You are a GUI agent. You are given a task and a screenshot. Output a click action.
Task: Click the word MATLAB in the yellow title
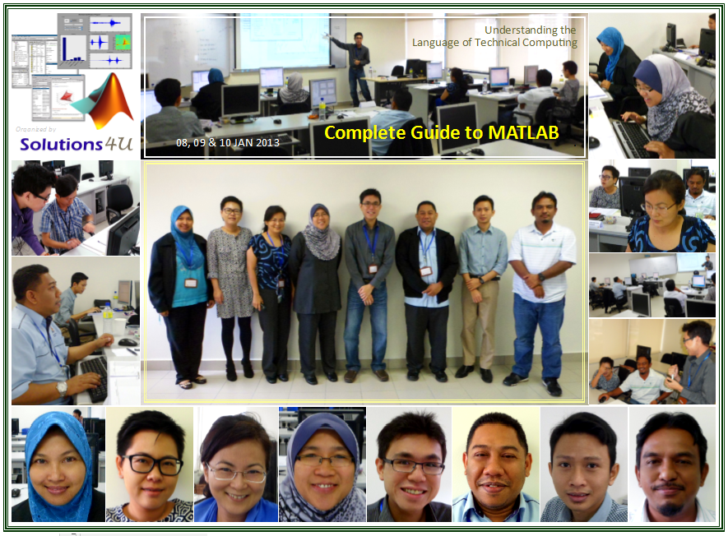[x=523, y=132]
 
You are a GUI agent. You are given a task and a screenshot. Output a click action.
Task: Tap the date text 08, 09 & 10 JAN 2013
[x=228, y=142]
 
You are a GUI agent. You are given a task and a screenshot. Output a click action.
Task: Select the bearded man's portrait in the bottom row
[x=671, y=465]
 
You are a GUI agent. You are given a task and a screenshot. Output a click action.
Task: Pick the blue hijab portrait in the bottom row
[x=58, y=464]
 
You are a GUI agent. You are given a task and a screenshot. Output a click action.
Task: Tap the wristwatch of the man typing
[x=62, y=388]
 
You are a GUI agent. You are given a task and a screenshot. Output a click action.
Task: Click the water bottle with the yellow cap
[x=322, y=109]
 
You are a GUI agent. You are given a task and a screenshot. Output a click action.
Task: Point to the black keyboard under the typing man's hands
[x=95, y=378]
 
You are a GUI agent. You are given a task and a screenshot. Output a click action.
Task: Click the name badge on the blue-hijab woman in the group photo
[x=190, y=283]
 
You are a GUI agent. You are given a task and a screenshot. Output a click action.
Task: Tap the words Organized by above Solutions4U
[x=35, y=129]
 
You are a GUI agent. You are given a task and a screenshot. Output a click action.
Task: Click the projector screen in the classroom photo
[x=284, y=42]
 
